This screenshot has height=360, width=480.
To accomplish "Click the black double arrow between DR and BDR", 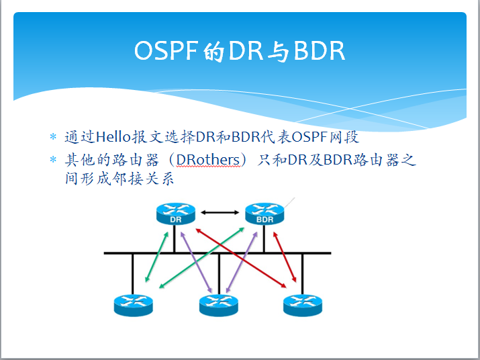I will (220, 213).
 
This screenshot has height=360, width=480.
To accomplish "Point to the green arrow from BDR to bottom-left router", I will (201, 258).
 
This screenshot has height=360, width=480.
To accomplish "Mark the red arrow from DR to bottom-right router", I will (238, 259).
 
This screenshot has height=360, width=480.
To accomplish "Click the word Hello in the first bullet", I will (115, 138).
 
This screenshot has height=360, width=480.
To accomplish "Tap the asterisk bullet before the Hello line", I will (54, 138).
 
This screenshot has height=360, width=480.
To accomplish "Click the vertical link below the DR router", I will (175, 239).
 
